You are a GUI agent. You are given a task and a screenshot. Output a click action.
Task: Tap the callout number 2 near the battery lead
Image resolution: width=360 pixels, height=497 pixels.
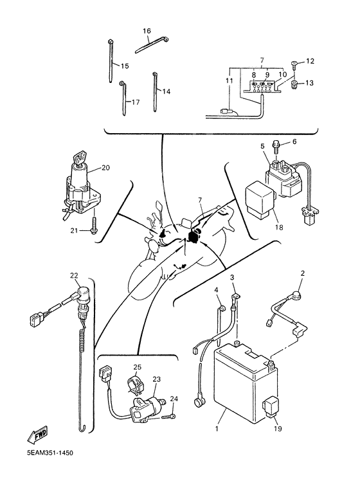pyautogui.click(x=301, y=273)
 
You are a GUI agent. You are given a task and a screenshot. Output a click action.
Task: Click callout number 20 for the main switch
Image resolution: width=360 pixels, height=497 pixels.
pyautogui.click(x=105, y=168)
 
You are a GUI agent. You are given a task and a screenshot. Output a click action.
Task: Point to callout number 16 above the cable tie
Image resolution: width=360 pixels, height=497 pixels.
pyautogui.click(x=147, y=30)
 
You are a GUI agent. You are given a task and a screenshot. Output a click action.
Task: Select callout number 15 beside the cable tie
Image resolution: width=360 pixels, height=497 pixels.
pyautogui.click(x=124, y=66)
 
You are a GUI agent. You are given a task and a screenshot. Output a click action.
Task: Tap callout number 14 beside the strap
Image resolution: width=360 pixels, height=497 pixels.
pyautogui.click(x=166, y=91)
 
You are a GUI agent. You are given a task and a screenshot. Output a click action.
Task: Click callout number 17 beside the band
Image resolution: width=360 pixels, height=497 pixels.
pyautogui.click(x=135, y=102)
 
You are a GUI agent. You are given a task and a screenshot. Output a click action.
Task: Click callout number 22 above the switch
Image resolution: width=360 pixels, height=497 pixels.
pyautogui.click(x=75, y=276)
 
